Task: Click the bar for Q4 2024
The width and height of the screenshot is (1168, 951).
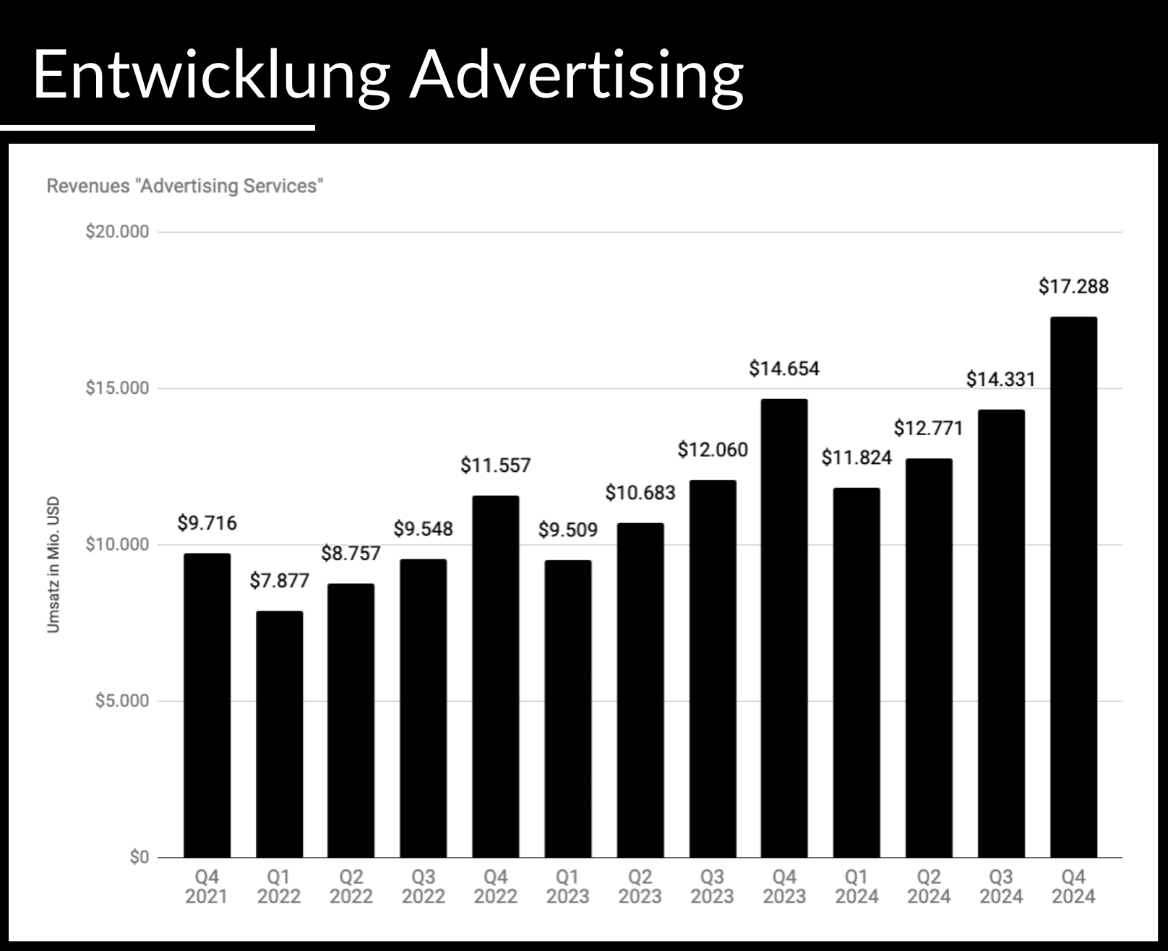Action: [x=1073, y=587]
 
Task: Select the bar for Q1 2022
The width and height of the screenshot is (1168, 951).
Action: [x=279, y=734]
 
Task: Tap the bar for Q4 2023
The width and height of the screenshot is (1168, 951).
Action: [x=784, y=628]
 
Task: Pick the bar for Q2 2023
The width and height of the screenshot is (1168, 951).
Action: [x=640, y=690]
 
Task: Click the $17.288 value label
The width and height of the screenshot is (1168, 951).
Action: [x=1073, y=287]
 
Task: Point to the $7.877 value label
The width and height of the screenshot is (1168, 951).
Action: [x=279, y=581]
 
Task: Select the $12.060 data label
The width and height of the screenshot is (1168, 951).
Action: [x=713, y=450]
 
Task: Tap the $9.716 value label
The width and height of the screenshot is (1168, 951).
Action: [x=207, y=523]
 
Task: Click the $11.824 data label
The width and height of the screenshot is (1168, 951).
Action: [x=856, y=457]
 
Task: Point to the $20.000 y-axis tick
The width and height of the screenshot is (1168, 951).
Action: [x=117, y=232]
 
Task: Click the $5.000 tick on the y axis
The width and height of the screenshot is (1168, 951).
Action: [x=121, y=701]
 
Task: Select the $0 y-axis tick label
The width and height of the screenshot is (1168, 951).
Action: [x=139, y=858]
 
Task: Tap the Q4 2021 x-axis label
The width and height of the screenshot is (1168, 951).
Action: [x=207, y=887]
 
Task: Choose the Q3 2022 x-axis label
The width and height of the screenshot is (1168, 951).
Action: [x=424, y=887]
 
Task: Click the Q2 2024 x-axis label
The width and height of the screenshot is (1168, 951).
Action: [x=929, y=887]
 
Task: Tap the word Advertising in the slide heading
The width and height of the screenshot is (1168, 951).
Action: [x=576, y=75]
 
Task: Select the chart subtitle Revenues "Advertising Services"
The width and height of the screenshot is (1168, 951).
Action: [x=184, y=186]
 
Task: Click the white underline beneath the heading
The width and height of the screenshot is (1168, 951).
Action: [x=158, y=128]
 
